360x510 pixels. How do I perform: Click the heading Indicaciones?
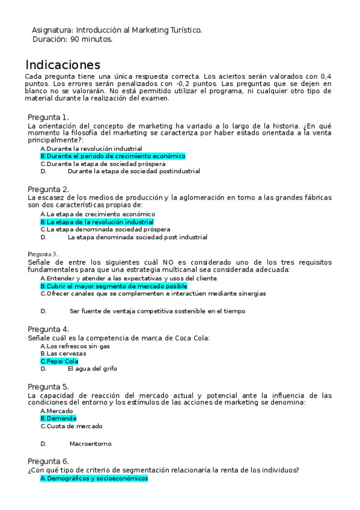click(x=63, y=65)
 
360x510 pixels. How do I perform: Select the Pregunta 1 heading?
click(x=48, y=117)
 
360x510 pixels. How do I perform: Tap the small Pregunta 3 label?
click(x=43, y=254)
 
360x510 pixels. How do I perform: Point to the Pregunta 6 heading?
click(x=48, y=461)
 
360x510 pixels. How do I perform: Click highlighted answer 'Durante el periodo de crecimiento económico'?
click(x=113, y=156)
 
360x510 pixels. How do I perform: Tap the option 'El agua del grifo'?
click(x=93, y=369)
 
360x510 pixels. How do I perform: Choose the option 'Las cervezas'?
click(x=64, y=354)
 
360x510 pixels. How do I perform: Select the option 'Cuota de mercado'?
click(x=74, y=426)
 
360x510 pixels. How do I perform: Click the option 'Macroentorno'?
click(x=90, y=444)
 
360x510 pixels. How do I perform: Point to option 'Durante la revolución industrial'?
click(x=94, y=148)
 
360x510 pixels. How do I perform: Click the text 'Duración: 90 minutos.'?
click(x=72, y=39)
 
